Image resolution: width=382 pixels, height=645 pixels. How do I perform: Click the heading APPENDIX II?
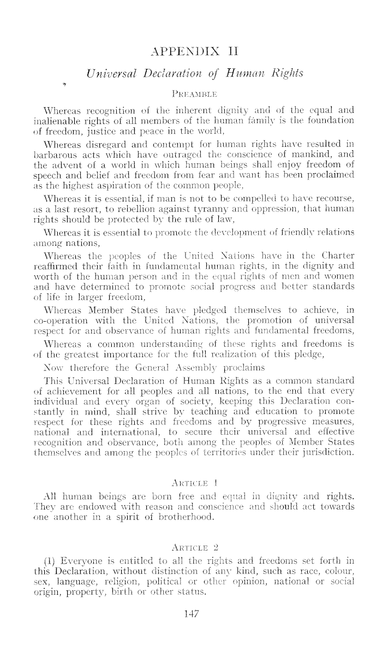(x=190, y=52)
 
